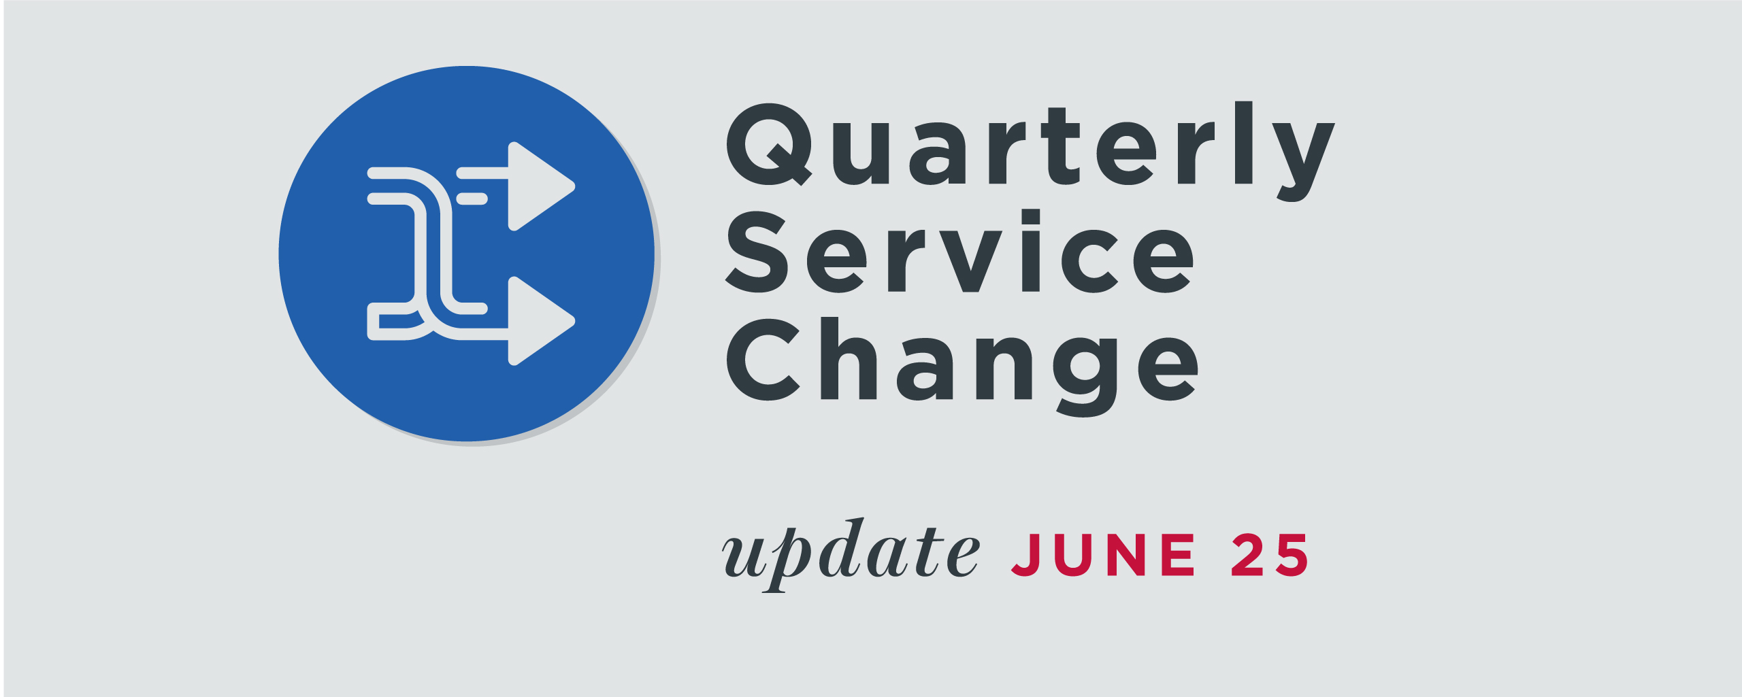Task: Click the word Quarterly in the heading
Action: click(1030, 152)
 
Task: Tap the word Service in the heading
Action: click(960, 251)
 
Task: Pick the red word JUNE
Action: click(1103, 555)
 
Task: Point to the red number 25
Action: click(1270, 555)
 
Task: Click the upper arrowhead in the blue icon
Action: click(541, 186)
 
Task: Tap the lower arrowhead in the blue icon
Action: click(541, 321)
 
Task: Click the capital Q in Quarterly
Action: click(769, 144)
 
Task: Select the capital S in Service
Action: click(757, 252)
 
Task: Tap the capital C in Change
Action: click(763, 359)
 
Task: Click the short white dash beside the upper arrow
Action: click(472, 199)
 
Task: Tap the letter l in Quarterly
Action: click(1243, 142)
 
